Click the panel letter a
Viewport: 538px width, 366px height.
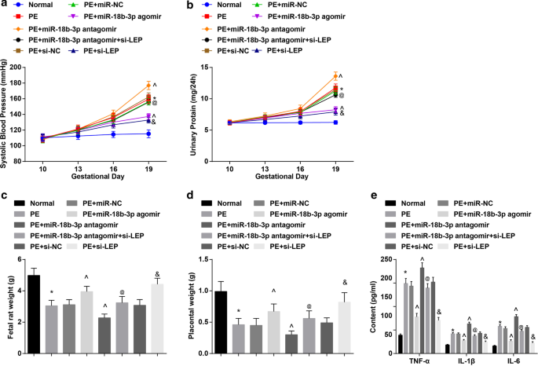tap(5, 5)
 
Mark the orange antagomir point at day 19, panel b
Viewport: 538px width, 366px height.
tap(335, 76)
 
